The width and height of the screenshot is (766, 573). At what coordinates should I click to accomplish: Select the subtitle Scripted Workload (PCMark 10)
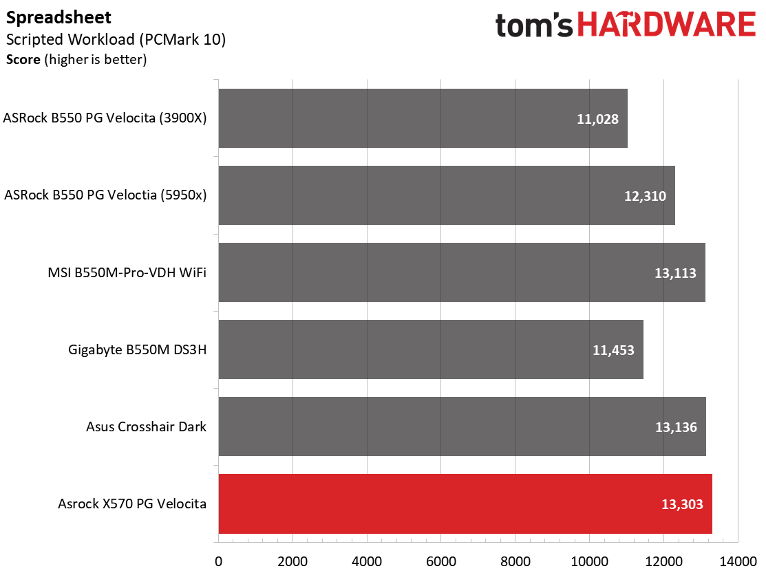[x=116, y=39]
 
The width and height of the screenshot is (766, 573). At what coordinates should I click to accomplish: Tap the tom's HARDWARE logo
[x=625, y=25]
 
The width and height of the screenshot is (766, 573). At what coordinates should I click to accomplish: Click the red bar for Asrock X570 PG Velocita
[x=465, y=504]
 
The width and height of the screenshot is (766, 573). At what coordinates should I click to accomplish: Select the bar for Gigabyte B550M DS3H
[x=431, y=349]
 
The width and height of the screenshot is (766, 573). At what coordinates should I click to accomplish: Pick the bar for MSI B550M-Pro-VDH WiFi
[x=462, y=272]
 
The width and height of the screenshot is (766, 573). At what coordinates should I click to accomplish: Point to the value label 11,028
[x=598, y=119]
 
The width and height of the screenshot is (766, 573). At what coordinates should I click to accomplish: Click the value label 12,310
[x=646, y=196]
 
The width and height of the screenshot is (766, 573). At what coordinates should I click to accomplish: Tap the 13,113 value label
[x=676, y=273]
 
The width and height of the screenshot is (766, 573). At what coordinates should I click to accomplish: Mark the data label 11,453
[x=613, y=350]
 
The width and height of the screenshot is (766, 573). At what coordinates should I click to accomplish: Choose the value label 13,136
[x=677, y=427]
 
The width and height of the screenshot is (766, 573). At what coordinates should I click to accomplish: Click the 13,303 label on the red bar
[x=683, y=504]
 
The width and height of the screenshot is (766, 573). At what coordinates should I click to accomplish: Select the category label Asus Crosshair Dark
[x=146, y=426]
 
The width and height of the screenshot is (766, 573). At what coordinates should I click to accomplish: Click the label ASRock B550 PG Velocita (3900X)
[x=105, y=118]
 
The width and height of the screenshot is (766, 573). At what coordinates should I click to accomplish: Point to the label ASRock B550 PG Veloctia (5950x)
[x=105, y=195]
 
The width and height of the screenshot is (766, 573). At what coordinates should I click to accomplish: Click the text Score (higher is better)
[x=76, y=60]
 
